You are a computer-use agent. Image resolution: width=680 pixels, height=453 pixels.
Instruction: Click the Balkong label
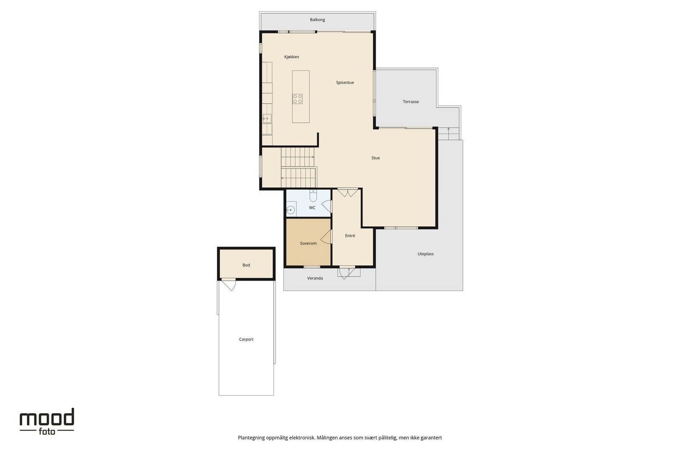(317, 20)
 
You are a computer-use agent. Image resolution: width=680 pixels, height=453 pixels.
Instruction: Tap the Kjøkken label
(292, 57)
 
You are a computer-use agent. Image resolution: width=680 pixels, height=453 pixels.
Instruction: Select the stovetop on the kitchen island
(297, 99)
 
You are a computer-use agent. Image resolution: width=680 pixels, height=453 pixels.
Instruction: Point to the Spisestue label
(345, 82)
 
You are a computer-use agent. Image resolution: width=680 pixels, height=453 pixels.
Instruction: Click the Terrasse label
(411, 101)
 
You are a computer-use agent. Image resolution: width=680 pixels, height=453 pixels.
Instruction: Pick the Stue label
(376, 158)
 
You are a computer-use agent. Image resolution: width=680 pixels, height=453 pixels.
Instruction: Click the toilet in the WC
(313, 196)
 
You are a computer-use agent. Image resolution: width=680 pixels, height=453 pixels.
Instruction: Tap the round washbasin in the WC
(291, 210)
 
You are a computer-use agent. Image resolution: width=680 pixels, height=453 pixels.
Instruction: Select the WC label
(312, 208)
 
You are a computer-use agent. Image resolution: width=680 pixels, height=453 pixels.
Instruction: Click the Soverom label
(308, 243)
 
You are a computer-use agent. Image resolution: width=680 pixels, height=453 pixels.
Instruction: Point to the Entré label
(350, 236)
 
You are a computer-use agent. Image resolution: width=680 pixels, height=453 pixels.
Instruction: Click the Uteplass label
(425, 254)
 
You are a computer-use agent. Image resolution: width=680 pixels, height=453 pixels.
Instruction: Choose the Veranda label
(315, 278)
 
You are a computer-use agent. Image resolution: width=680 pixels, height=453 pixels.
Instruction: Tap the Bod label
(246, 265)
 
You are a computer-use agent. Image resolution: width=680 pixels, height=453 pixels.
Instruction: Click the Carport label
(246, 339)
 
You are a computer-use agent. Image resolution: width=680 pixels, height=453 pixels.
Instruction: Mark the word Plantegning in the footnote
(251, 438)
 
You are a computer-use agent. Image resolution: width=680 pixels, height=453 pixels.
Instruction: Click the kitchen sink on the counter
(267, 118)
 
